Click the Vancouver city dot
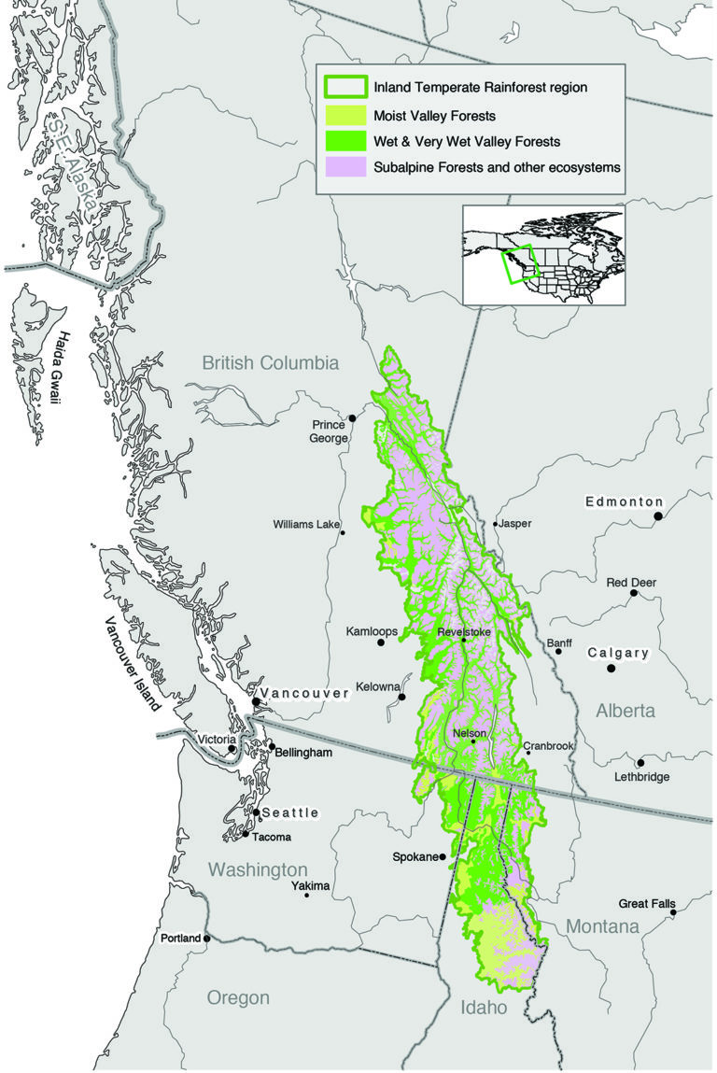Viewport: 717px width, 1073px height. (x=256, y=701)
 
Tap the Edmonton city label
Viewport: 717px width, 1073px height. (x=624, y=501)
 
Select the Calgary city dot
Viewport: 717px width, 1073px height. (x=612, y=669)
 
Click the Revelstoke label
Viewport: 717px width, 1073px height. (x=463, y=631)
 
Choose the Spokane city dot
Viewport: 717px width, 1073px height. (x=442, y=856)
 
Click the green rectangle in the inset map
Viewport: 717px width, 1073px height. (x=516, y=263)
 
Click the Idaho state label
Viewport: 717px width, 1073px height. (x=484, y=1008)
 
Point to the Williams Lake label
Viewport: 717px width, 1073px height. (x=305, y=525)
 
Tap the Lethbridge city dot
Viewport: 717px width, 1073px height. (x=640, y=763)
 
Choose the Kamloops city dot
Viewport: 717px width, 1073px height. (x=381, y=642)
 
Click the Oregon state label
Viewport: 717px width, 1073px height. (x=238, y=997)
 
